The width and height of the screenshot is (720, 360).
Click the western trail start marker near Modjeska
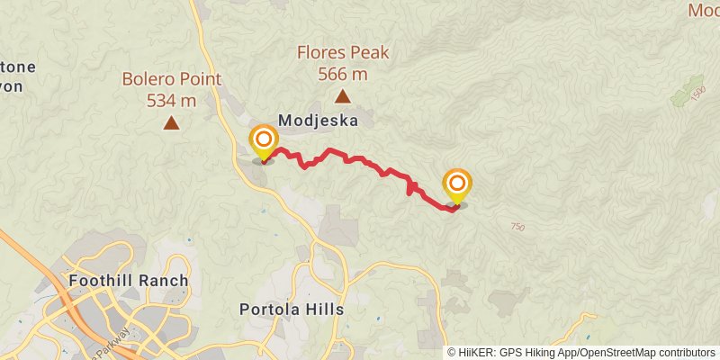coord(264,142)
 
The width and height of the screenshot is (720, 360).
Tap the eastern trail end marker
coord(457,185)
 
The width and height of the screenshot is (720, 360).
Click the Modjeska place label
coord(319,120)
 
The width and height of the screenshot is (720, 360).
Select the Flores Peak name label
coord(343,52)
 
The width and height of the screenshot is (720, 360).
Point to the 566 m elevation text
coord(343,74)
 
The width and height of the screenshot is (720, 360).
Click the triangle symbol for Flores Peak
coord(342,95)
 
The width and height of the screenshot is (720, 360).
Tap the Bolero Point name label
coord(171,79)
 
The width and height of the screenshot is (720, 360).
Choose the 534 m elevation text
coord(171,100)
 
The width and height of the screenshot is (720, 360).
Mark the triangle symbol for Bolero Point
coord(171,122)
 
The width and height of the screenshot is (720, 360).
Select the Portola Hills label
coord(292,309)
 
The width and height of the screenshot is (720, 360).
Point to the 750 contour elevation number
coord(517,227)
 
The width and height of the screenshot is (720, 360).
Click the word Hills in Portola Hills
coord(323,309)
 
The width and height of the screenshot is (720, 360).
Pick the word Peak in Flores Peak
coord(369,52)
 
